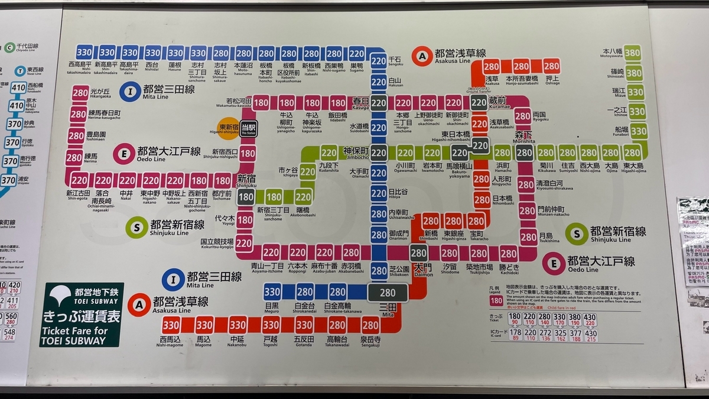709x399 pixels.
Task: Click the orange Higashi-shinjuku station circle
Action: pos(229,128)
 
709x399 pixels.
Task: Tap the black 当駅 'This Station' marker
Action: pos(248,128)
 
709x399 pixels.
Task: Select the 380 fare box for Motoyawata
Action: pos(633,53)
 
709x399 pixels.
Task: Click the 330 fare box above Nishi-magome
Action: pos(171,325)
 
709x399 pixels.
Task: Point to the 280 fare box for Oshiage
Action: pos(551,66)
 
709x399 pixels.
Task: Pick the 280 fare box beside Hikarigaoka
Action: pos(80,93)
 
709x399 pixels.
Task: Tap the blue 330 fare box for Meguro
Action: pos(272,291)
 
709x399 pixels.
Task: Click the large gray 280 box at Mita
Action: pos(388,293)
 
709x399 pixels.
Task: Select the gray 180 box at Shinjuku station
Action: pos(246,197)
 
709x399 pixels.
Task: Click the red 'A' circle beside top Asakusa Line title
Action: pos(422,56)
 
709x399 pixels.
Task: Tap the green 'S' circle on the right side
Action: pos(576,233)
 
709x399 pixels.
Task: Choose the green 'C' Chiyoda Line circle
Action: pos(9,47)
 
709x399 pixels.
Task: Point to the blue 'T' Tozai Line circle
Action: pos(20,71)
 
